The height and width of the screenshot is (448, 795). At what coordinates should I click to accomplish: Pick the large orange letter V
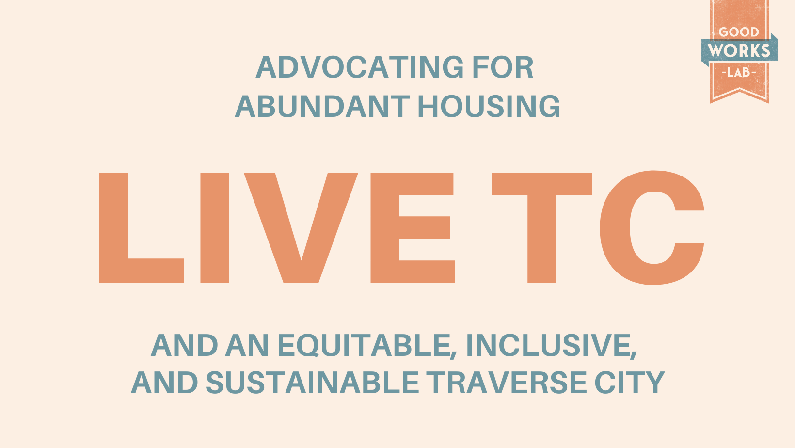301,227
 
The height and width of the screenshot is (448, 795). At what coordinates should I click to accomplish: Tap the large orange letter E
413,227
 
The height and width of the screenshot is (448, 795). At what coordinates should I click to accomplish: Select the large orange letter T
541,227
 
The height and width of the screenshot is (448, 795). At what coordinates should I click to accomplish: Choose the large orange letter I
215,227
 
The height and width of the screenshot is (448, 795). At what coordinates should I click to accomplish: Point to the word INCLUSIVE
551,345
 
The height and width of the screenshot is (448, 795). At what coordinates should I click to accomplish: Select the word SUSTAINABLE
312,382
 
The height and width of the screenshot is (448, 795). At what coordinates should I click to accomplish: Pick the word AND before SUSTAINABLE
164,382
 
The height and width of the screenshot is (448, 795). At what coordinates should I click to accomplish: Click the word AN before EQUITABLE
247,345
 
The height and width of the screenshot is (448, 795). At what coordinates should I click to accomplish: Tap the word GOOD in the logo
739,32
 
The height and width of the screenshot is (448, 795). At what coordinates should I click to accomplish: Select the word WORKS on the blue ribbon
739,50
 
